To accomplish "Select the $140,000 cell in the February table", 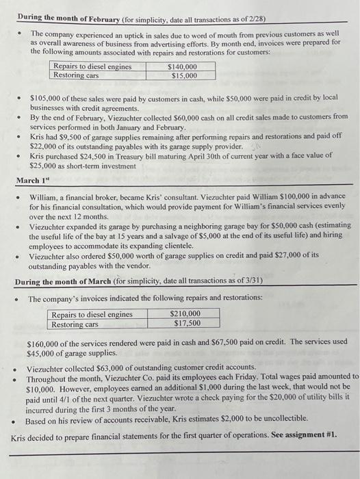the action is tap(181, 66).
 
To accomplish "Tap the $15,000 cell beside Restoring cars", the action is tap(181, 75).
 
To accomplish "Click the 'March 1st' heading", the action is tap(32, 181).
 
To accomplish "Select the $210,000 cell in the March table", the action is tap(185, 315).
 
